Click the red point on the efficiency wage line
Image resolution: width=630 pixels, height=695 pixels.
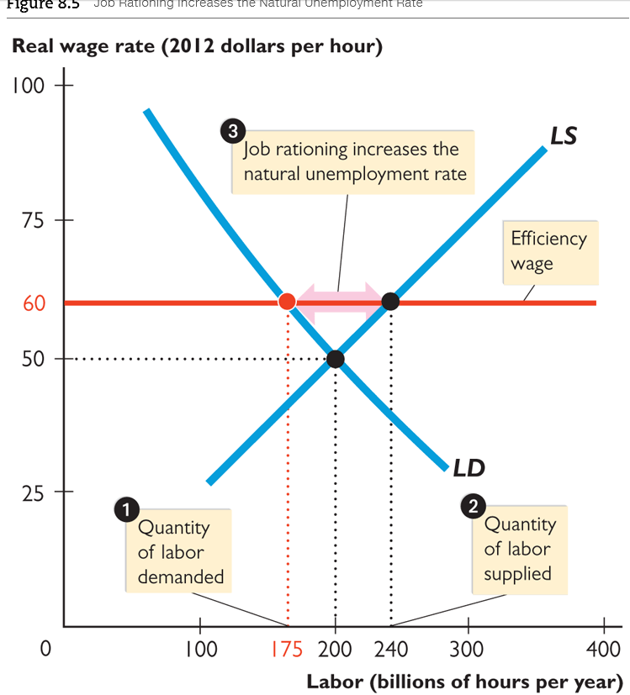click(x=288, y=302)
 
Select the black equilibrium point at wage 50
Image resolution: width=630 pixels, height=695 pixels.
click(x=336, y=359)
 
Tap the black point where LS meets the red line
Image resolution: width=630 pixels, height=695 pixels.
click(x=390, y=301)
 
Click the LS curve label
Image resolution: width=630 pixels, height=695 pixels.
click(x=564, y=135)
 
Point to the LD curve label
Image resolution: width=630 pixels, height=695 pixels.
click(x=469, y=467)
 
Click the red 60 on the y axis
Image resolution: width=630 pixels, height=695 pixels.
click(x=34, y=303)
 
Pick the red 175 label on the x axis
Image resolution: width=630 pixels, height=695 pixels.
click(x=288, y=650)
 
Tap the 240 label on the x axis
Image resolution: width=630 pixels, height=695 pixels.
click(x=390, y=650)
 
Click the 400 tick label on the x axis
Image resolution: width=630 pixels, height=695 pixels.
click(x=603, y=650)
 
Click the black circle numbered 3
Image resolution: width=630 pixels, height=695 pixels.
click(x=232, y=131)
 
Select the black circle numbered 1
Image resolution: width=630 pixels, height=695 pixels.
click(x=126, y=509)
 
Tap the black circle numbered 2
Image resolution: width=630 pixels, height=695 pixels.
click(x=474, y=506)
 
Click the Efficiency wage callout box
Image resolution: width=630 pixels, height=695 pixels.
click(x=549, y=251)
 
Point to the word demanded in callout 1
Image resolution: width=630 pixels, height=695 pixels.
click(x=181, y=577)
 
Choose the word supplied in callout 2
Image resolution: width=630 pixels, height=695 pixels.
click(x=518, y=574)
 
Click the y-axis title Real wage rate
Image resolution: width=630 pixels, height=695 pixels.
click(x=197, y=46)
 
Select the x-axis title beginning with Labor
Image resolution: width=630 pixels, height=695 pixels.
click(x=464, y=681)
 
